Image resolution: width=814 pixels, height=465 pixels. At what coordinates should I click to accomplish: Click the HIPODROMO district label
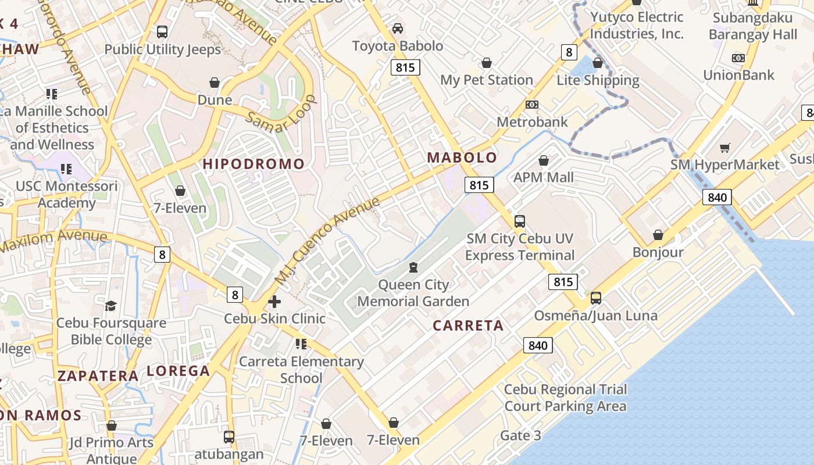click(254, 164)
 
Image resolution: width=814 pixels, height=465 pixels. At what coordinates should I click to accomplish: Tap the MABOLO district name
click(462, 158)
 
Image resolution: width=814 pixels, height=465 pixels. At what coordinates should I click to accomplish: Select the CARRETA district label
click(468, 325)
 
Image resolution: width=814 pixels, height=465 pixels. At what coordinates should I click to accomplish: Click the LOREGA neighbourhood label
click(178, 371)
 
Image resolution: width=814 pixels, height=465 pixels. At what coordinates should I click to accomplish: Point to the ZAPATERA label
click(98, 376)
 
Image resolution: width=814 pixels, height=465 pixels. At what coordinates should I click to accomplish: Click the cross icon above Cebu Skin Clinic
click(274, 302)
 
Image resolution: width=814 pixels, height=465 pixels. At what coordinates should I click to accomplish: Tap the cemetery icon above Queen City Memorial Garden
click(413, 267)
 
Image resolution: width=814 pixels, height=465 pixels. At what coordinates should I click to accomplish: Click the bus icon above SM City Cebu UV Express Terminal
click(519, 221)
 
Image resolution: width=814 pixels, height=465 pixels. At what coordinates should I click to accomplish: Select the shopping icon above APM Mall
click(544, 160)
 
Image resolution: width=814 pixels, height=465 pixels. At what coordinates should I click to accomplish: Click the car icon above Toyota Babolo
click(398, 28)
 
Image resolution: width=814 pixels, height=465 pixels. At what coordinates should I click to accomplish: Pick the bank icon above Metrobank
click(531, 105)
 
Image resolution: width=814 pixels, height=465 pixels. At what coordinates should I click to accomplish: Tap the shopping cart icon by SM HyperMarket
click(724, 148)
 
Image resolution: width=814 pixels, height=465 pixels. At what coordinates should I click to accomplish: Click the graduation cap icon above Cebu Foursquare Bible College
click(110, 306)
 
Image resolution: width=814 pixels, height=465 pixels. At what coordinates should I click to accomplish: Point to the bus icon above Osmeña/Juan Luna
click(596, 299)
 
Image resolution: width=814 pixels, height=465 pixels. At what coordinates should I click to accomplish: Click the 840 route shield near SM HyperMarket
click(717, 197)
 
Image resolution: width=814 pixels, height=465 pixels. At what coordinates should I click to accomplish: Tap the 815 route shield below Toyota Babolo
click(405, 67)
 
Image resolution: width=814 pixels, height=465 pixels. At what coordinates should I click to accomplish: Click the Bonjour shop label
click(658, 252)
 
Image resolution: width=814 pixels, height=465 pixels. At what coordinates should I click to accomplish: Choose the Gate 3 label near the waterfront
click(520, 435)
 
